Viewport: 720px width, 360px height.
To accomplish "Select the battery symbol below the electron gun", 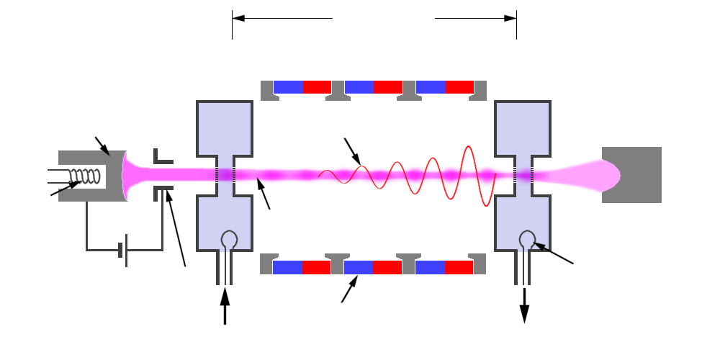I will [123, 250].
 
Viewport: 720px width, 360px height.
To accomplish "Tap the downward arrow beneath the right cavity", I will [525, 306].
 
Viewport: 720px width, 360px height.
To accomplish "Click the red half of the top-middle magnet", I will [388, 86].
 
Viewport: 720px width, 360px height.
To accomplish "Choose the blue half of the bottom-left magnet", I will [287, 267].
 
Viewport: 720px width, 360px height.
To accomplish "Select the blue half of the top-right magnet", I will [431, 86].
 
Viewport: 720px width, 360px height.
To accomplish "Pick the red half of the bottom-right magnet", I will [459, 267].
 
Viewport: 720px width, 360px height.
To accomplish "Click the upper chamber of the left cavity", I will [225, 127].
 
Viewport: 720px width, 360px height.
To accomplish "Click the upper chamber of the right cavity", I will [523, 127].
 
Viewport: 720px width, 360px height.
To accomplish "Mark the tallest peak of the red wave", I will [469, 148].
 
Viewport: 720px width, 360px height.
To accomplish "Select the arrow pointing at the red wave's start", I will [354, 151].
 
